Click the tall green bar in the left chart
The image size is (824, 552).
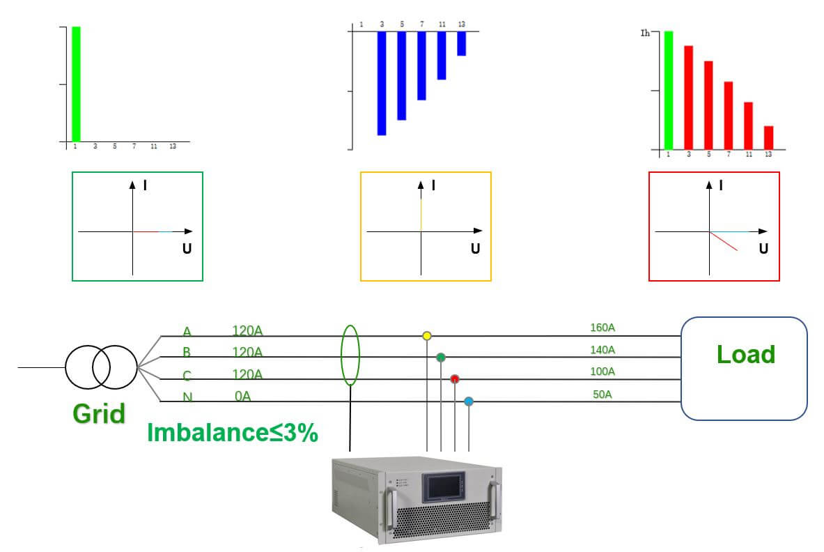tap(76, 84)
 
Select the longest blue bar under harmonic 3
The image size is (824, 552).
tap(382, 83)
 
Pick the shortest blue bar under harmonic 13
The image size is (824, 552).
tap(461, 43)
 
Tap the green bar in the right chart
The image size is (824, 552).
tap(669, 90)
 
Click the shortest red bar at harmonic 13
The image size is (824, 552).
tap(768, 137)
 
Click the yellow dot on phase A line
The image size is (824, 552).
tap(427, 336)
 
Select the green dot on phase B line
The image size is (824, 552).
tap(441, 358)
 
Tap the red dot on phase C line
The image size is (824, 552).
tap(455, 379)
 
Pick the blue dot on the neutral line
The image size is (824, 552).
tap(469, 401)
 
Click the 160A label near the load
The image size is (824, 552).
tap(603, 328)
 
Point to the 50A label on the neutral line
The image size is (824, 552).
tap(603, 394)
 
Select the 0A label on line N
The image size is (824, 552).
tap(243, 397)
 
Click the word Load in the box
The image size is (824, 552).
tap(745, 355)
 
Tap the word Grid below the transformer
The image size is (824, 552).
tap(99, 414)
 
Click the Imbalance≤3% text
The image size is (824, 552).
tap(233, 433)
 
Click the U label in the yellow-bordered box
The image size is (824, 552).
tap(475, 248)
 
